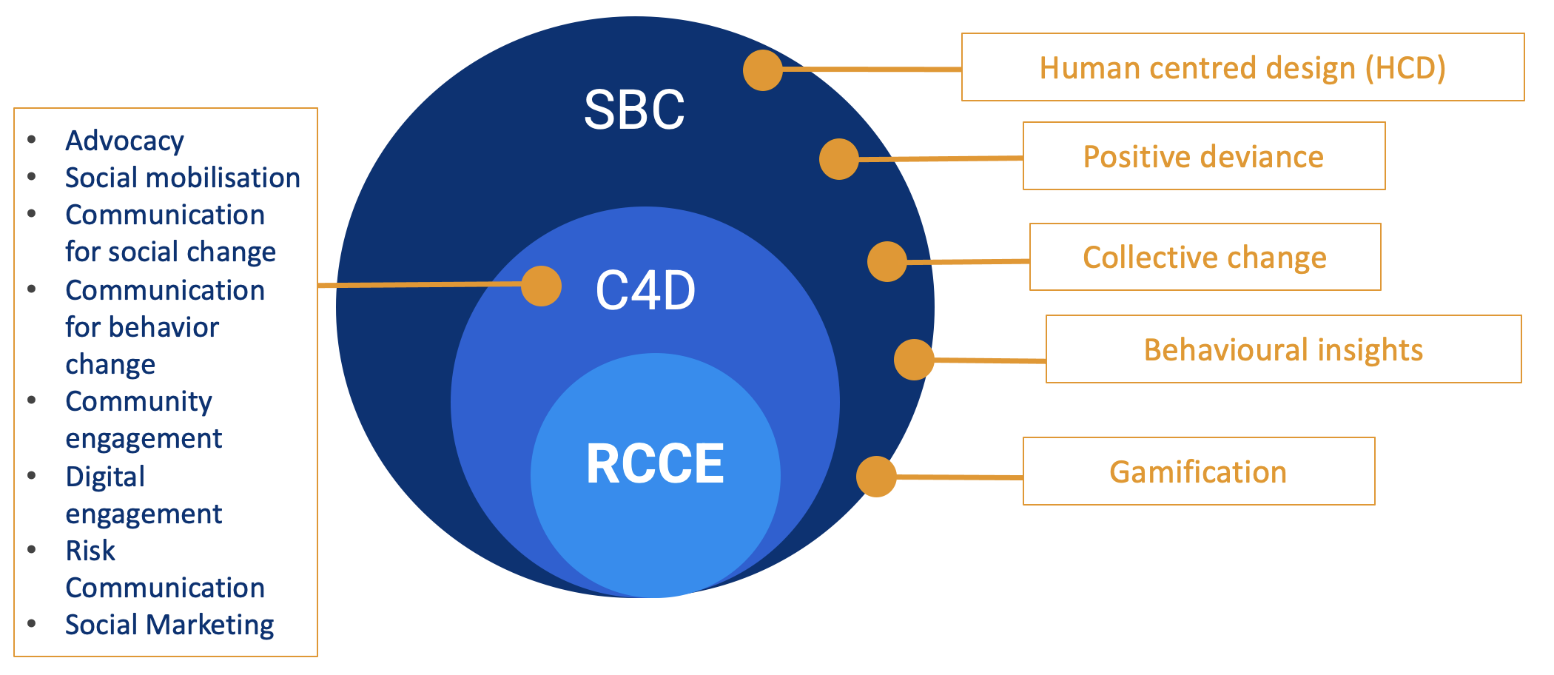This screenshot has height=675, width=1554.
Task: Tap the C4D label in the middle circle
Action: (x=645, y=291)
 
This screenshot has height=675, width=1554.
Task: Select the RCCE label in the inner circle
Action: (x=655, y=464)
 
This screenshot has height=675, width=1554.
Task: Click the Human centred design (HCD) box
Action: (x=1242, y=68)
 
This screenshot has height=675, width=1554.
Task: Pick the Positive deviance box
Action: (x=1203, y=157)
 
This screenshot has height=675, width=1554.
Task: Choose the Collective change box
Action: (x=1204, y=258)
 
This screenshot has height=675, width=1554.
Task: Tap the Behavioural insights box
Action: (x=1282, y=350)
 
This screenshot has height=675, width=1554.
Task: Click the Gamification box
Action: (x=1198, y=472)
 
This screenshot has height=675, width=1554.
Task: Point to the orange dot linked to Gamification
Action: (x=876, y=477)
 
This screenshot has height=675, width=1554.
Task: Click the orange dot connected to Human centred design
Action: (x=763, y=70)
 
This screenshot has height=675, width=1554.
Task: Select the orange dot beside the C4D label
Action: (x=541, y=286)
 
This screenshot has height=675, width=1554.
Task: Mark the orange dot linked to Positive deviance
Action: (x=839, y=159)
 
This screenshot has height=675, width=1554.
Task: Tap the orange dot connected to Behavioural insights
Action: (x=914, y=360)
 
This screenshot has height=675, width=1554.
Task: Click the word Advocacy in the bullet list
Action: (x=124, y=141)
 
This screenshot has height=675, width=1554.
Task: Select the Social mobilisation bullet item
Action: (x=182, y=178)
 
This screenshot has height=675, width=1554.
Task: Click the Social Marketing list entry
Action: (x=169, y=625)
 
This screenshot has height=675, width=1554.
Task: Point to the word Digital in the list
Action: (x=105, y=477)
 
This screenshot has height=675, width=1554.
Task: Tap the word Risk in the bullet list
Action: (x=90, y=551)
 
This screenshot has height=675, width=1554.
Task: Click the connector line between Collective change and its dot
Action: (x=968, y=261)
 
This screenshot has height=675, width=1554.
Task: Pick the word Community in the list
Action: (x=138, y=402)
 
